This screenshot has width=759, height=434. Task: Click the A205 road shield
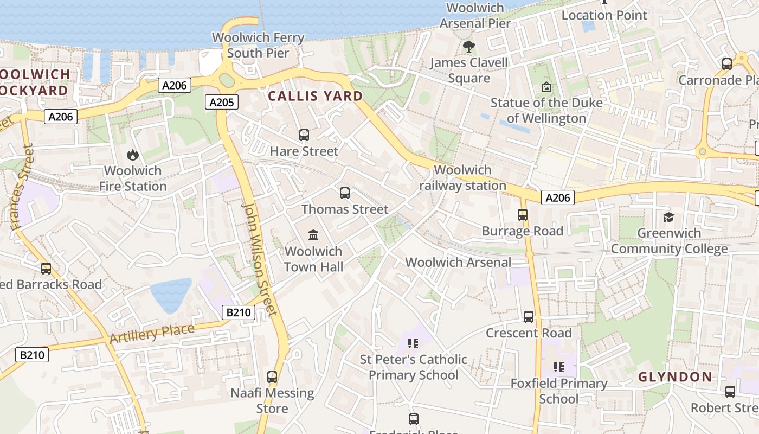click(x=222, y=102)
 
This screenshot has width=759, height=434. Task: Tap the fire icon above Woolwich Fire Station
click(x=133, y=155)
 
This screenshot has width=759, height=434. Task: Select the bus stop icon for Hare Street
click(x=304, y=135)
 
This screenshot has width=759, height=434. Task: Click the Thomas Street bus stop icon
click(x=345, y=193)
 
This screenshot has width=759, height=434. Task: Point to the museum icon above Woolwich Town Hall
click(x=313, y=235)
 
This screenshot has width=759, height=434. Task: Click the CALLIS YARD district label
click(x=316, y=96)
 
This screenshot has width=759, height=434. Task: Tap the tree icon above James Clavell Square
click(x=469, y=47)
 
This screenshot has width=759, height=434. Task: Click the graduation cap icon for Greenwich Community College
click(x=668, y=217)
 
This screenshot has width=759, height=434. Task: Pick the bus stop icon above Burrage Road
click(x=523, y=215)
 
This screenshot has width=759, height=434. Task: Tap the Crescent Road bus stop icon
click(x=529, y=317)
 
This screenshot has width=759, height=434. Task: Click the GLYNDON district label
click(x=675, y=376)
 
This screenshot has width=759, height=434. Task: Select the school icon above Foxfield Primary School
click(x=559, y=367)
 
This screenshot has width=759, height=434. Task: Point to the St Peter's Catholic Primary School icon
click(x=413, y=343)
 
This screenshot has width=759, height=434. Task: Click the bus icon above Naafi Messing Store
click(x=272, y=376)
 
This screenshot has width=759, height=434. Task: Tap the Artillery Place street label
click(x=152, y=333)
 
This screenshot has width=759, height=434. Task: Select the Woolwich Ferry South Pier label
click(x=258, y=45)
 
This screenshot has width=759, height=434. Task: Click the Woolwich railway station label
click(x=462, y=177)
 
